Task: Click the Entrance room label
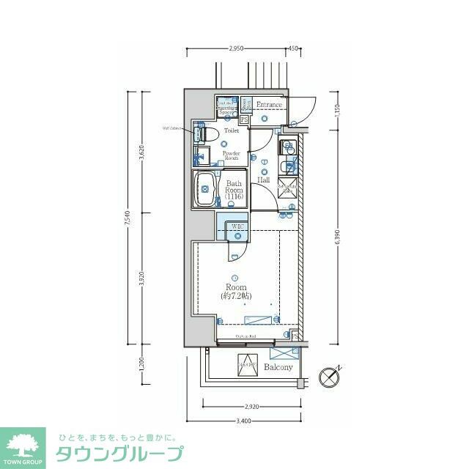pyautogui.click(x=269, y=105)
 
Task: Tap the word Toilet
pyautogui.click(x=232, y=130)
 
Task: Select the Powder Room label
pyautogui.click(x=232, y=155)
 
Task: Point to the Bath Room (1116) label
pyautogui.click(x=234, y=191)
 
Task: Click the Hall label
pyautogui.click(x=263, y=180)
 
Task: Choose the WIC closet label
pyautogui.click(x=237, y=227)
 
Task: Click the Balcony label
pyautogui.click(x=278, y=367)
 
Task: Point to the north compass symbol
pyautogui.click(x=330, y=377)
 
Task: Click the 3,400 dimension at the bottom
pyautogui.click(x=244, y=421)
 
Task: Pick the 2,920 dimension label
pyautogui.click(x=251, y=406)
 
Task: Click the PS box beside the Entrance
pyautogui.click(x=244, y=119)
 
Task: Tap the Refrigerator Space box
pyautogui.click(x=287, y=186)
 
